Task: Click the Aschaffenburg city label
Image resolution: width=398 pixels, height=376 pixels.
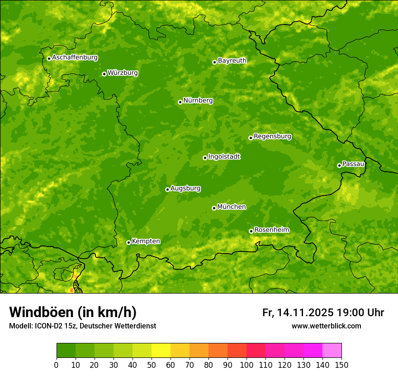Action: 75,58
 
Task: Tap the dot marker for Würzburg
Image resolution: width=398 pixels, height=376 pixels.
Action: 104,74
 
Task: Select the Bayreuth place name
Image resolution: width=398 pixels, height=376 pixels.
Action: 232,61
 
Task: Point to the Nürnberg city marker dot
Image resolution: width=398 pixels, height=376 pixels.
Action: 180,102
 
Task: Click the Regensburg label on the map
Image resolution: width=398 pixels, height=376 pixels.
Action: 272,136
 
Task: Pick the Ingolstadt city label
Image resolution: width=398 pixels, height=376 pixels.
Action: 224,157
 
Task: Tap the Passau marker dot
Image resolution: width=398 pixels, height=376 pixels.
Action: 339,165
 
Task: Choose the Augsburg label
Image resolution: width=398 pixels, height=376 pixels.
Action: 185,188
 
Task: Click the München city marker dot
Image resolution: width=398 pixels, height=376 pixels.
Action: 214,208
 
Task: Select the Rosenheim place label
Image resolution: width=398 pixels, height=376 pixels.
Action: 271,230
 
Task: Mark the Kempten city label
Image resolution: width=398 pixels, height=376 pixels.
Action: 146,241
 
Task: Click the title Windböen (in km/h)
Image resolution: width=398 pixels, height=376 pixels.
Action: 72,312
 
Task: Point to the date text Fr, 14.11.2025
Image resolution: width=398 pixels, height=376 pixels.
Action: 298,313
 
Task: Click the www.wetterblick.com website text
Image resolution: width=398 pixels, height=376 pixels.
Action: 326,326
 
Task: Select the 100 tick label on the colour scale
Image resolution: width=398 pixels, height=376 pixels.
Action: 246,365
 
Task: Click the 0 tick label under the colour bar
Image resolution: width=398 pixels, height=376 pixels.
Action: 57,365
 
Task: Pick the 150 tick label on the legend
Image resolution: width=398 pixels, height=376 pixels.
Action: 341,365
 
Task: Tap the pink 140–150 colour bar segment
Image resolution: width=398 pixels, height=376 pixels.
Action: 332,351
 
